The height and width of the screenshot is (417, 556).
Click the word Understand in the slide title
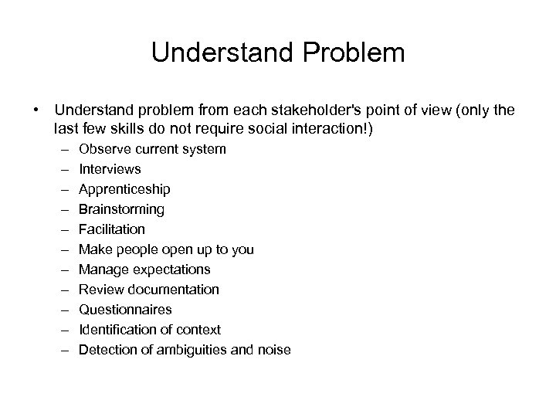[x=220, y=53]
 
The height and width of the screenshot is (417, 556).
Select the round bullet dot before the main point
[x=36, y=110]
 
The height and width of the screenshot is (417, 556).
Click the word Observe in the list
[x=103, y=149]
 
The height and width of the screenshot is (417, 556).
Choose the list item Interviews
[x=110, y=169]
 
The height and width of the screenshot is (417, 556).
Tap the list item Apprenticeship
[x=125, y=189]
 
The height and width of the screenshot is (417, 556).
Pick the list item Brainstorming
[x=122, y=209]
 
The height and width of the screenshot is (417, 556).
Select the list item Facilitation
[x=112, y=229]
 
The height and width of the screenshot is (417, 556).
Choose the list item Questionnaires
[x=126, y=310]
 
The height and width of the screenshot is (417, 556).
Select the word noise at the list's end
[x=274, y=350]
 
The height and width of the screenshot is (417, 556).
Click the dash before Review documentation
[x=62, y=290]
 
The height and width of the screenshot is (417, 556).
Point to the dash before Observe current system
[x=62, y=149]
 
